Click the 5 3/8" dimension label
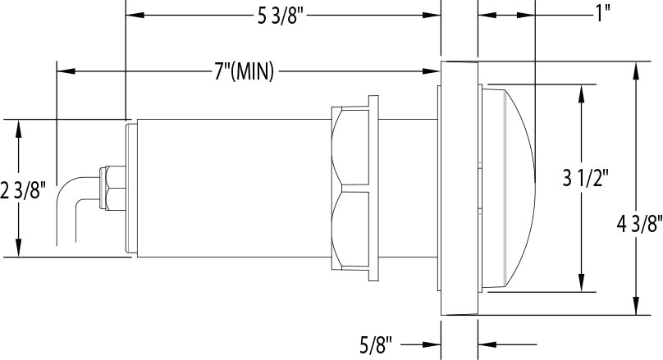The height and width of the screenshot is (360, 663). click(x=281, y=17)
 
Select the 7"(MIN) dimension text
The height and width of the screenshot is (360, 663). click(x=244, y=71)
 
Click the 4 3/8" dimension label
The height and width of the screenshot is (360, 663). click(x=639, y=225)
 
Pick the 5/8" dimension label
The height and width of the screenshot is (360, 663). click(x=376, y=345)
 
